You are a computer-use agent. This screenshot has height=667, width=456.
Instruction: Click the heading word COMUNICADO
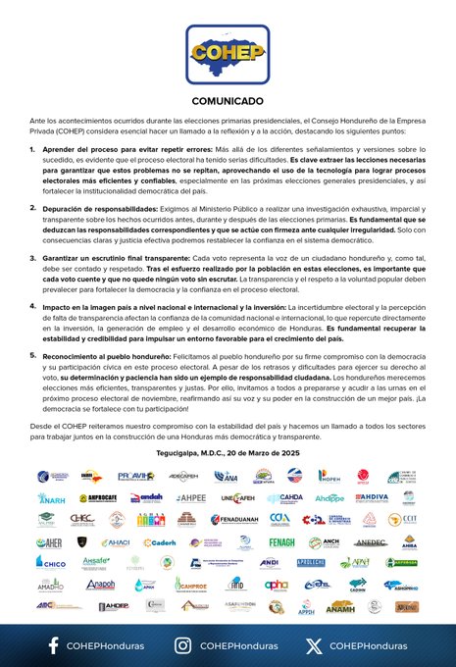coord(228,101)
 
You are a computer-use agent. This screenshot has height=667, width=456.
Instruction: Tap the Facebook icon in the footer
coord(52,644)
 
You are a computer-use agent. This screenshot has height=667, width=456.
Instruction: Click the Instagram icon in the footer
coord(182,644)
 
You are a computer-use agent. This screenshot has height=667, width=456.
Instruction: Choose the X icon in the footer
coord(313,644)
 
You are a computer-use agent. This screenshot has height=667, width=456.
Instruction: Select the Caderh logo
coord(157,541)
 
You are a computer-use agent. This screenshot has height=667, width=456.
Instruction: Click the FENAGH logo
coord(282,541)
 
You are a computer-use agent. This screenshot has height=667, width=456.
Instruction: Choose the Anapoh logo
coord(100,585)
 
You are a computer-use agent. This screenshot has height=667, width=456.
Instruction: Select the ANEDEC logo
coord(372,541)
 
